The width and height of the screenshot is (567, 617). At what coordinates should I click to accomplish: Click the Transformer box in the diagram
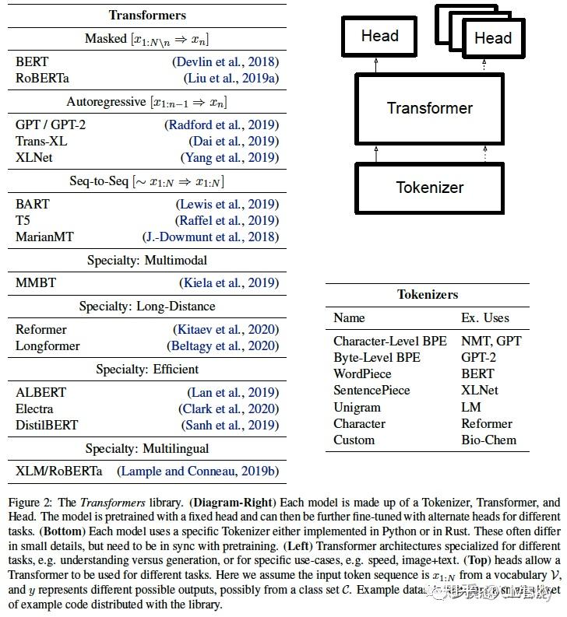pos(429,108)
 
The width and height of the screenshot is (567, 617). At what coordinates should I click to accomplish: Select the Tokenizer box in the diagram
pos(429,188)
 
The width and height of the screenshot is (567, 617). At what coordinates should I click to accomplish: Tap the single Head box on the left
pos(379,37)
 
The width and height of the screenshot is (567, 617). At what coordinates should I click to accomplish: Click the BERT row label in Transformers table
pos(32,61)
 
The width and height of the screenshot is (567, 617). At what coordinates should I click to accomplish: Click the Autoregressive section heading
pos(146,102)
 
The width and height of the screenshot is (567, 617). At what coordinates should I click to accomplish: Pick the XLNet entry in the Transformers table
pos(35,157)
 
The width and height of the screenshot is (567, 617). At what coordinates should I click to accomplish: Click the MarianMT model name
pos(44,237)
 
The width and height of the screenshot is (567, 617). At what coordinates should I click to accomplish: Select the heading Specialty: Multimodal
pos(146,260)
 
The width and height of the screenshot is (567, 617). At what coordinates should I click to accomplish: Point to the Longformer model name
pos(48,346)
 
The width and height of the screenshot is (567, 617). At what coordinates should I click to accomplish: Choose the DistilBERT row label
pos(47,425)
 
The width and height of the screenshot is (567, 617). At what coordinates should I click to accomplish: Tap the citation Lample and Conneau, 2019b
pos(198,472)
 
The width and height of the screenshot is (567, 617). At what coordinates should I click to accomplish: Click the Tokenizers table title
pos(428,295)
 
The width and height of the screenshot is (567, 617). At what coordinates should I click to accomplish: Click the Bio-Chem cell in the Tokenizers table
pos(488,440)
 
